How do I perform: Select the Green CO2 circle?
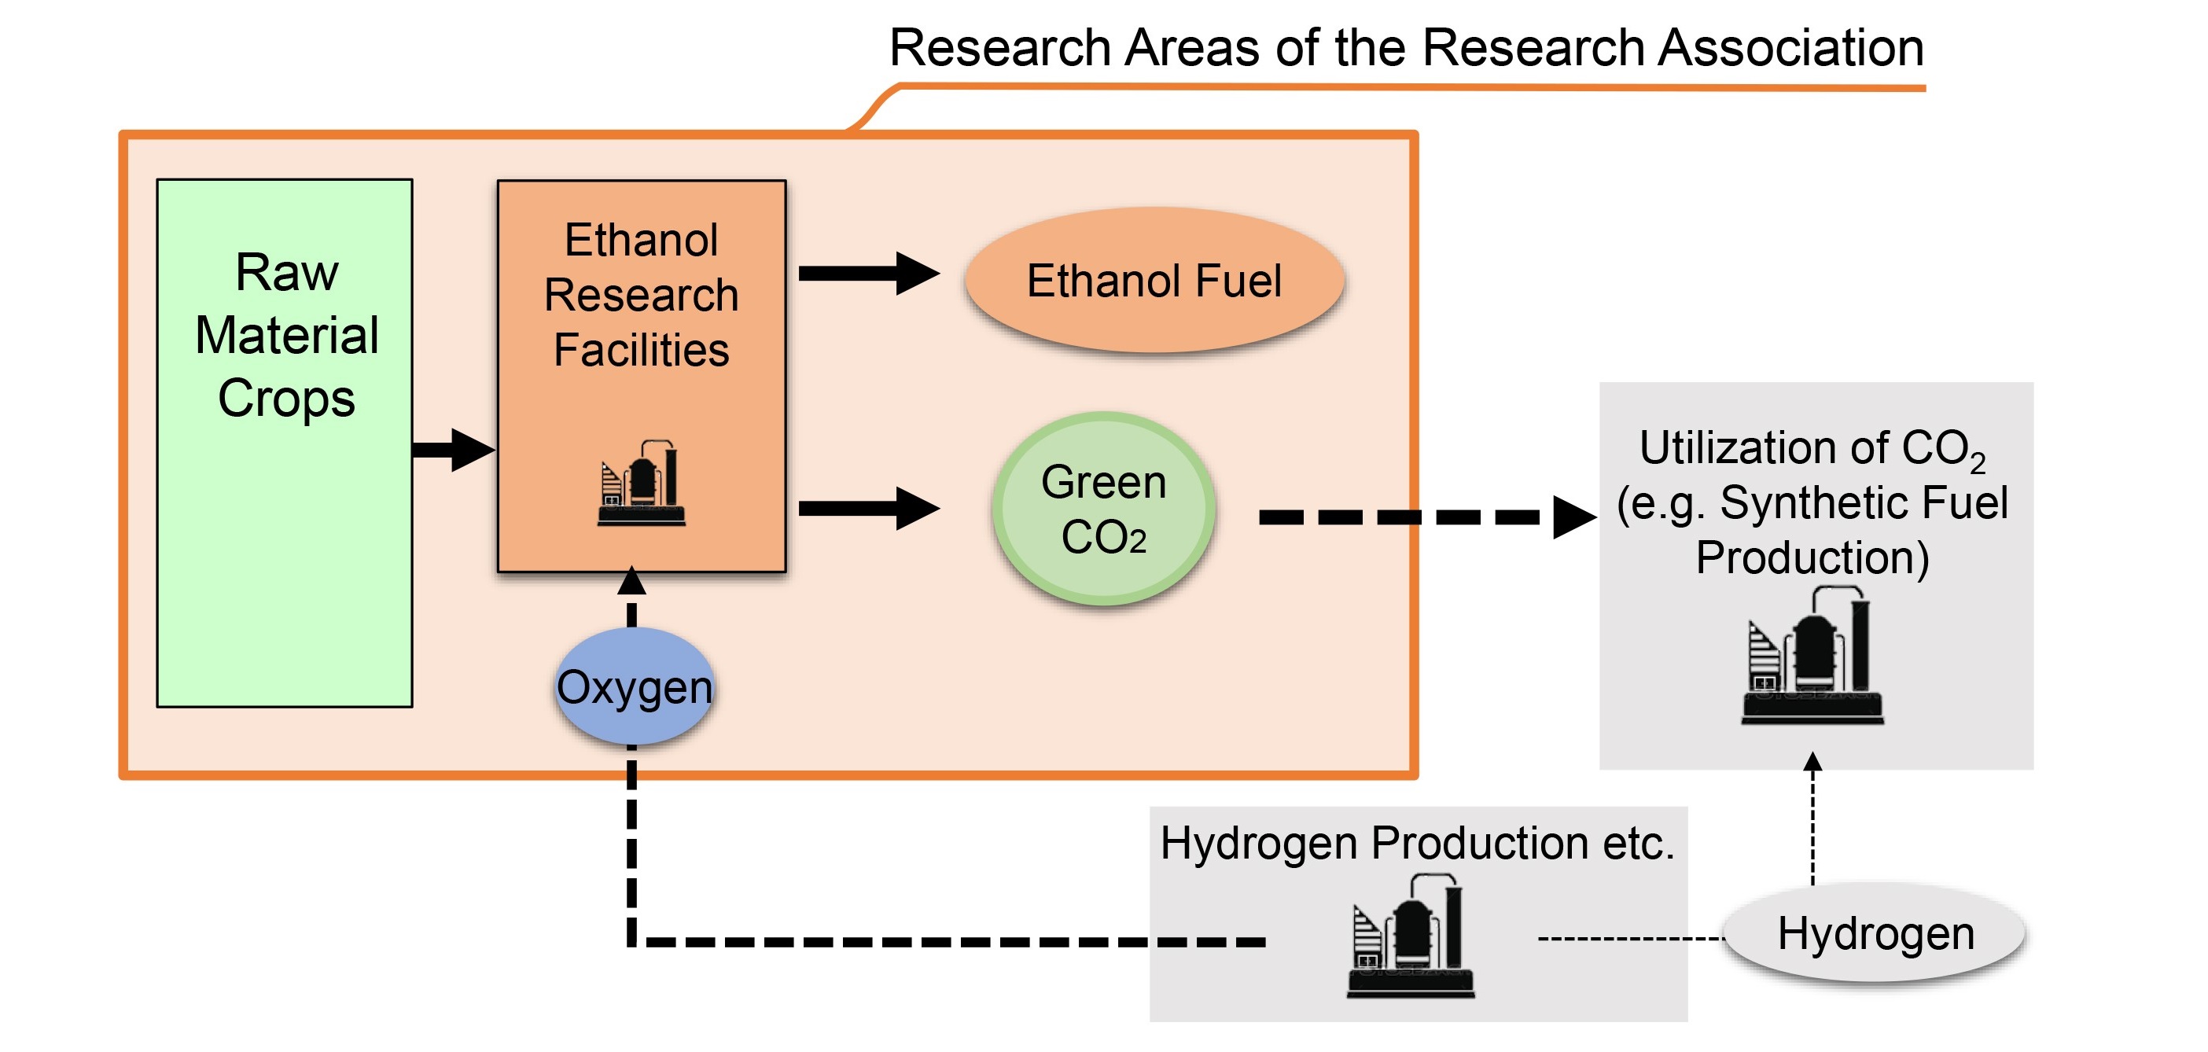[1104, 509]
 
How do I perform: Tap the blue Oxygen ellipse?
[635, 686]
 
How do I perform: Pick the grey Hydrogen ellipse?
[1875, 934]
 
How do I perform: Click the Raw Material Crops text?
[286, 335]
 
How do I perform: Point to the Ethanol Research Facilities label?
[641, 295]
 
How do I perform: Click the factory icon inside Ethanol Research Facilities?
[641, 483]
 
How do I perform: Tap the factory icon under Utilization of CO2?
[1812, 656]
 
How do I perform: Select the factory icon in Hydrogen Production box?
[1411, 936]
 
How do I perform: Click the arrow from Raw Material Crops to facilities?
[454, 450]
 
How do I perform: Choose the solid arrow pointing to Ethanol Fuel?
[869, 274]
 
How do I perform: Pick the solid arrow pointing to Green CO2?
[869, 509]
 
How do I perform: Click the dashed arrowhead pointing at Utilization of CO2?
[1574, 517]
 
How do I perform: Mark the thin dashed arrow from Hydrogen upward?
[1812, 818]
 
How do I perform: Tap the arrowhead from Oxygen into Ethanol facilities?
[631, 580]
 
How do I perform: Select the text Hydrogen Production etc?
[1418, 843]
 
